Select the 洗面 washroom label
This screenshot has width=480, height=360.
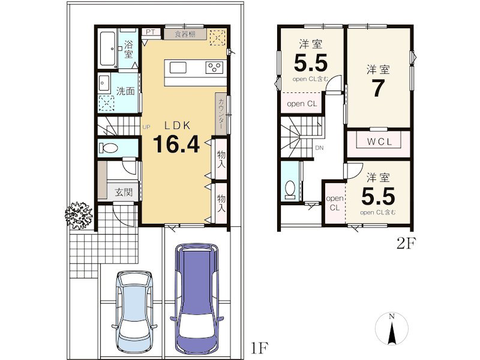(x=125, y=92)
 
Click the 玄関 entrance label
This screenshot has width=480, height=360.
(x=124, y=193)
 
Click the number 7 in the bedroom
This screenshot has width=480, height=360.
(x=378, y=89)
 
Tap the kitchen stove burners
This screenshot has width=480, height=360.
(x=214, y=67)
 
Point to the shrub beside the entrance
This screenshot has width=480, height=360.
(x=78, y=214)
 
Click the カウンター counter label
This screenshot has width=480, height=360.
(x=221, y=113)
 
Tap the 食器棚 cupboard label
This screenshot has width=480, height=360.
(x=185, y=34)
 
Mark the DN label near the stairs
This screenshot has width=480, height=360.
(x=320, y=148)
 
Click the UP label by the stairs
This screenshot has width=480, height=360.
(x=146, y=127)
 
